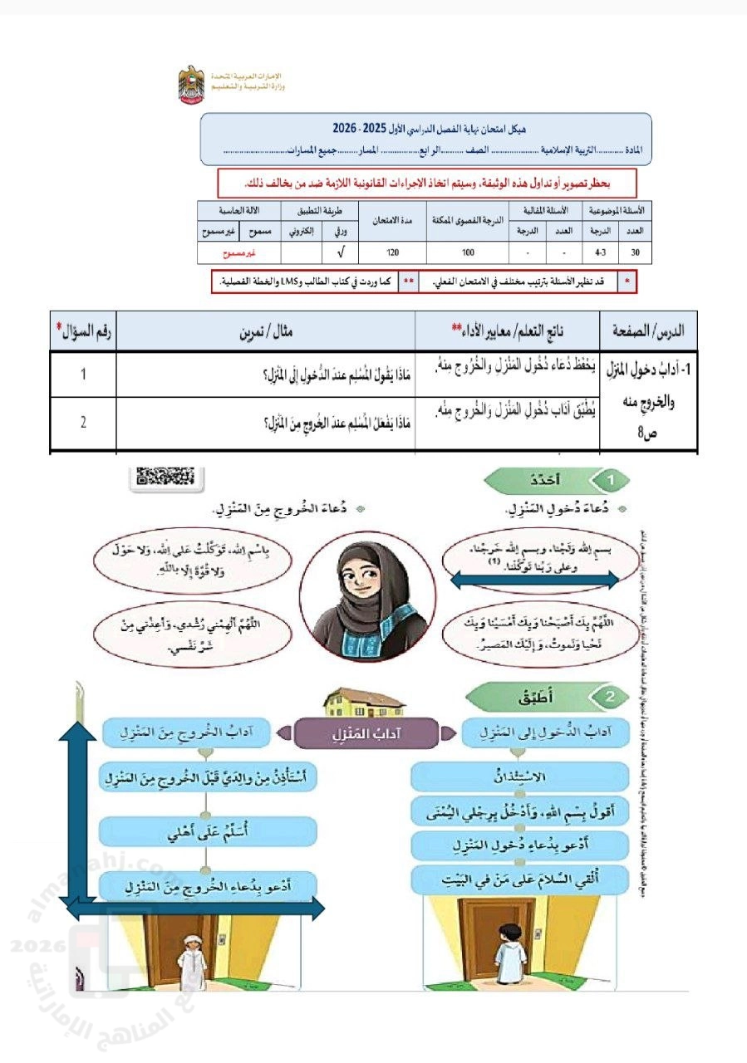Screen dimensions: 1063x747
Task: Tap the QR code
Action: click(x=166, y=476)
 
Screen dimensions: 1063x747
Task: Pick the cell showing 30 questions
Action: click(x=636, y=249)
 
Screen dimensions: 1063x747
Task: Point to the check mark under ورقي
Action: click(x=342, y=249)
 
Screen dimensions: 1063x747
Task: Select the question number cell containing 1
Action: click(x=83, y=375)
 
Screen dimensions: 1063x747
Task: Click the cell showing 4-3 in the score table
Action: click(x=599, y=249)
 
